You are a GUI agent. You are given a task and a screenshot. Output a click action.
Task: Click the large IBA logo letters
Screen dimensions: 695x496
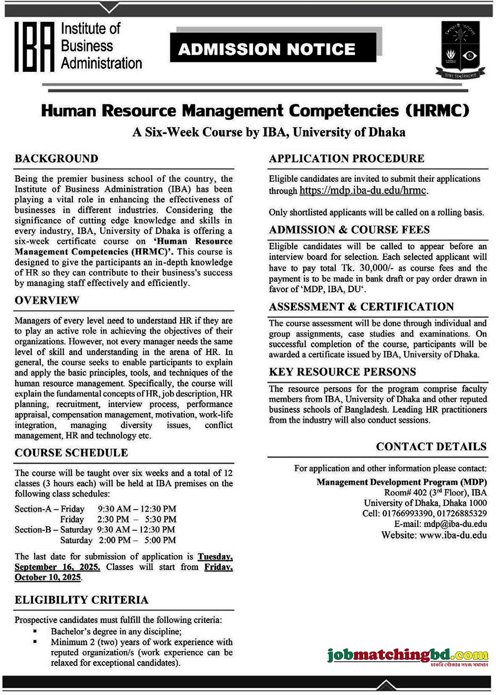click(34, 47)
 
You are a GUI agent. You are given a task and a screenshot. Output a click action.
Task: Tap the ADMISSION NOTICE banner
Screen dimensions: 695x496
click(267, 49)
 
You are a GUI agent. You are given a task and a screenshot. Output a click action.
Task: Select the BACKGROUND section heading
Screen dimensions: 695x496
click(57, 159)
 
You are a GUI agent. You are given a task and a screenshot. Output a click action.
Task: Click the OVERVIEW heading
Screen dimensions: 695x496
click(47, 301)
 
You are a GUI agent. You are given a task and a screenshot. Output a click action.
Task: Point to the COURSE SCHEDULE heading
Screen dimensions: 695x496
click(71, 453)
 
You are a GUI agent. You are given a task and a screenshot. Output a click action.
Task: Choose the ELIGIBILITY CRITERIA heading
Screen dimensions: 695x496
click(81, 600)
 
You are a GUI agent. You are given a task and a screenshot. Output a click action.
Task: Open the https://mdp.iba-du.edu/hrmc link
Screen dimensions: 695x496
click(363, 190)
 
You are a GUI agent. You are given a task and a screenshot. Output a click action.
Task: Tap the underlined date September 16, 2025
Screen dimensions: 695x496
click(57, 567)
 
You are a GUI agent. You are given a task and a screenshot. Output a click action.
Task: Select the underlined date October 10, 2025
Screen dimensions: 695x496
click(48, 577)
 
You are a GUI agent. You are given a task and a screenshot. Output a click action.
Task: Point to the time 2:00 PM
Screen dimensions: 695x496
click(114, 540)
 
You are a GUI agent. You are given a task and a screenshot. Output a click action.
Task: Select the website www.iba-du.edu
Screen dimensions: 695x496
click(453, 535)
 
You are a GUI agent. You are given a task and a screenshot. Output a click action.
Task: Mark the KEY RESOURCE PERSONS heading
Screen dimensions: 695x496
click(342, 372)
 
